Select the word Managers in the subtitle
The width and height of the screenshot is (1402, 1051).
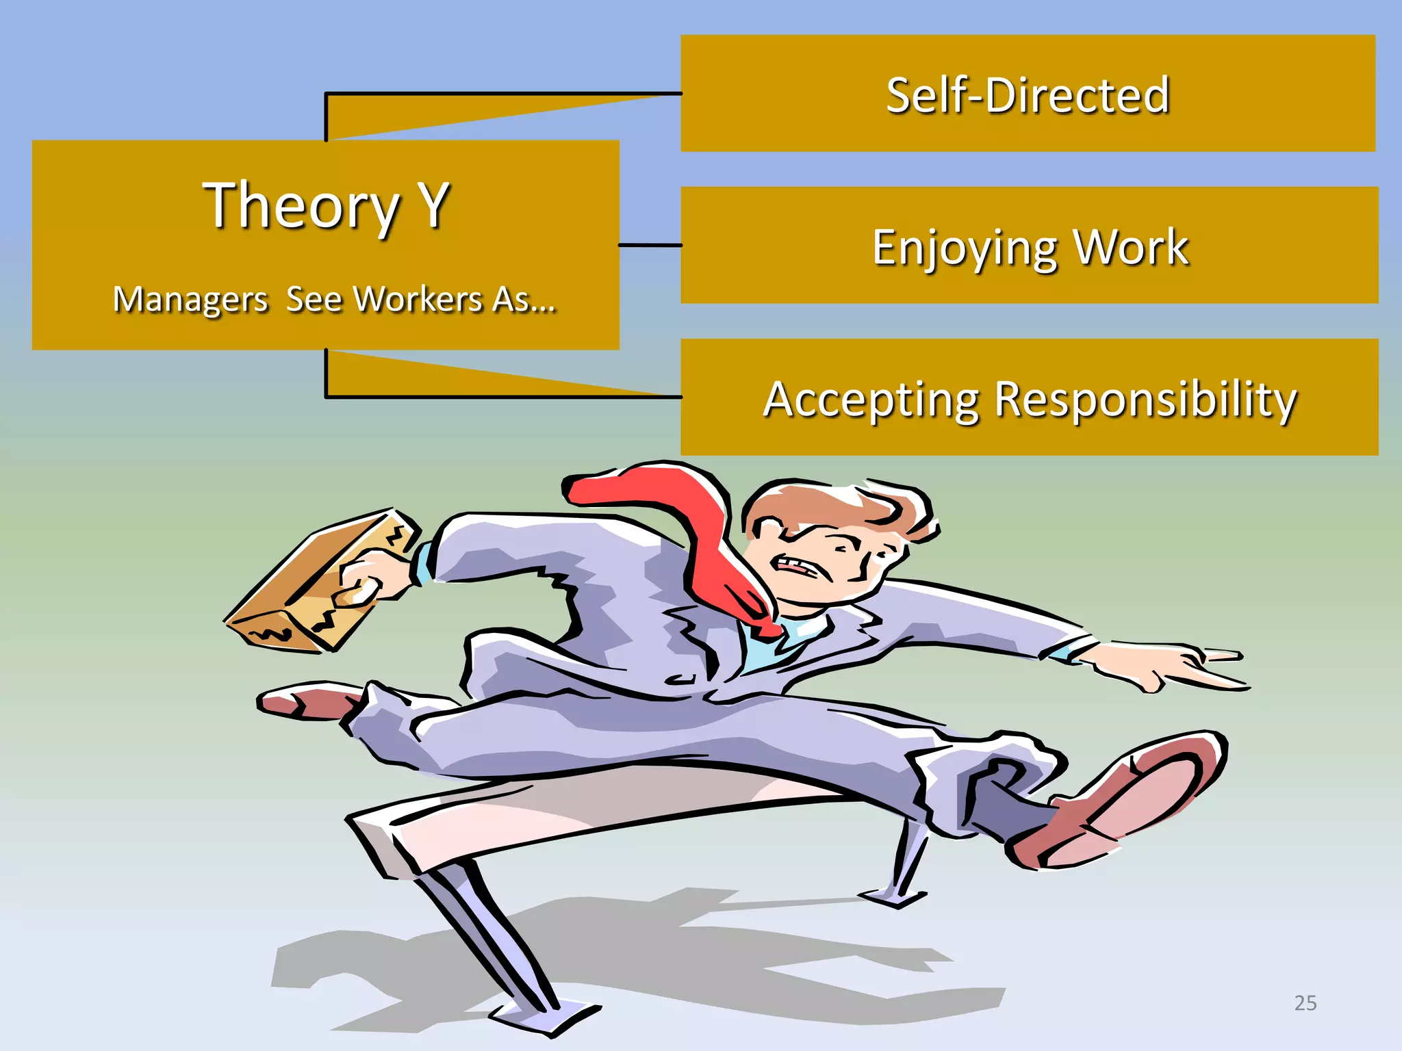pyautogui.click(x=190, y=300)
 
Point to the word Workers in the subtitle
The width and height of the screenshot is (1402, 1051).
pyautogui.click(x=419, y=300)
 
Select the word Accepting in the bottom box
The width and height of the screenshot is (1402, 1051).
pyautogui.click(x=871, y=400)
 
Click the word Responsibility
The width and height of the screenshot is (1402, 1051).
pyautogui.click(x=1145, y=400)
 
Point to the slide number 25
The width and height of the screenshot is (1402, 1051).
pyautogui.click(x=1305, y=1003)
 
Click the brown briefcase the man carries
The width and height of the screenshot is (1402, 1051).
pyautogui.click(x=315, y=582)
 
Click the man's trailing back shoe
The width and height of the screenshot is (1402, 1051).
pyautogui.click(x=308, y=701)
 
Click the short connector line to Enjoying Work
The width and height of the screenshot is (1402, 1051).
pyautogui.click(x=650, y=245)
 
